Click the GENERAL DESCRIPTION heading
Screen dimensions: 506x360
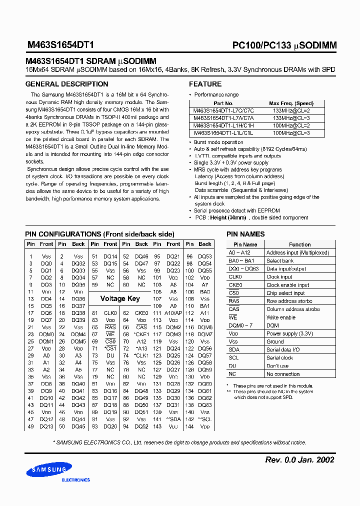tap(66, 84)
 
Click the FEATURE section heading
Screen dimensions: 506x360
tap(205, 84)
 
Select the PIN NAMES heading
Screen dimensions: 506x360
tap(245, 234)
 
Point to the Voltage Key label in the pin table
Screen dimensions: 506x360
tap(120, 298)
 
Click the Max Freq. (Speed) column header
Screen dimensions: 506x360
tap(290, 103)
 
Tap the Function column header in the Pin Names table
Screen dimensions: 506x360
tap(299, 244)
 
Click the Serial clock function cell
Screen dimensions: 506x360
tap(279, 357)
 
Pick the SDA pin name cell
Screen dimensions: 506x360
tap(234, 349)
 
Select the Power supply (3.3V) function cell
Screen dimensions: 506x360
tap(289, 333)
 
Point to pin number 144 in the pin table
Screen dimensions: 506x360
tap(189, 427)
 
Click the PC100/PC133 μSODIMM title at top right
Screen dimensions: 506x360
tap(284, 45)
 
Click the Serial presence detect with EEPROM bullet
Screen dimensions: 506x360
tap(236, 211)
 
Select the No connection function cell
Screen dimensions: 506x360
tap(283, 374)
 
